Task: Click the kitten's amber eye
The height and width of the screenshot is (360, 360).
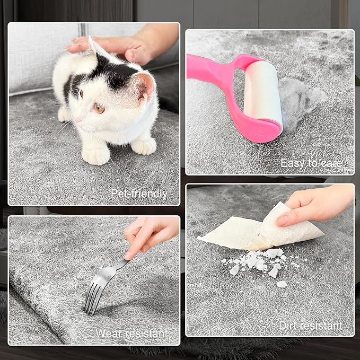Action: click(x=100, y=108)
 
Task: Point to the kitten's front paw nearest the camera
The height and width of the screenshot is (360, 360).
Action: click(x=96, y=156)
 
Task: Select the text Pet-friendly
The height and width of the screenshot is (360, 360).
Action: click(x=139, y=194)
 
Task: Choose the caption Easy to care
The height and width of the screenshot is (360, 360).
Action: click(x=311, y=163)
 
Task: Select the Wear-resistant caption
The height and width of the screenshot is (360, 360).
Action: click(x=131, y=333)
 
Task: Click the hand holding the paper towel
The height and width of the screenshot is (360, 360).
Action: click(x=317, y=204)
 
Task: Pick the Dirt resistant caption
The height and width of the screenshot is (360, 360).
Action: click(x=311, y=326)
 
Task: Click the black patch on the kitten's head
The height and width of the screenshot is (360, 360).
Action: click(x=115, y=71)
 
